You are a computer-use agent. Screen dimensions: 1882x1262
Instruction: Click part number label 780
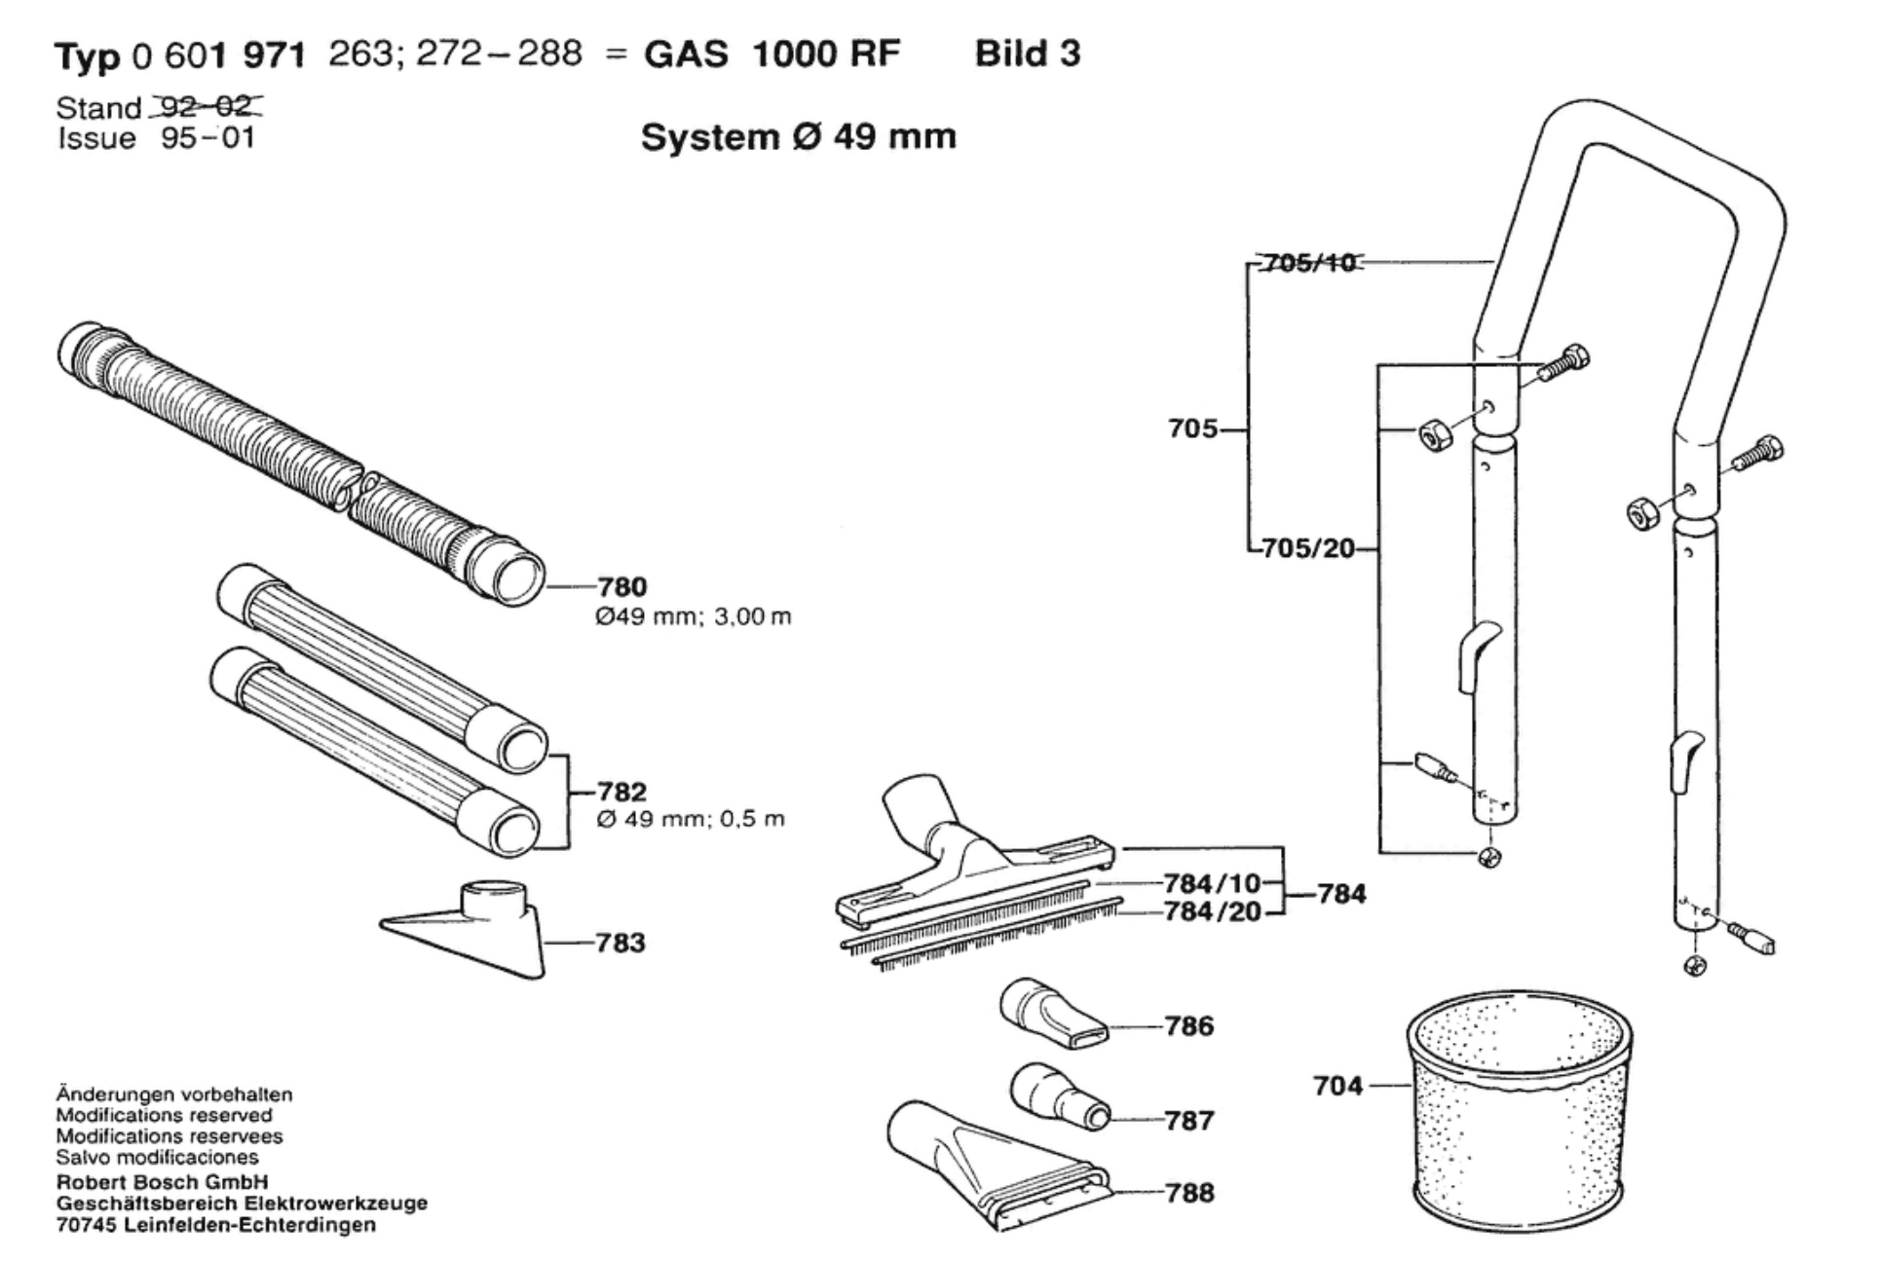tap(621, 587)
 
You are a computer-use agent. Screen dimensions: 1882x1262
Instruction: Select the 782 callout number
tap(621, 792)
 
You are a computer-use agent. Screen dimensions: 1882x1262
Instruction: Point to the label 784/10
tap(1211, 883)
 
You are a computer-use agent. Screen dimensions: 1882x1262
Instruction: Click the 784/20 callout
tap(1212, 911)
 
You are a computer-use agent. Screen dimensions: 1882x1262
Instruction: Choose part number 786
tap(1189, 1025)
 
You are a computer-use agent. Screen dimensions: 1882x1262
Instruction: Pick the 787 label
tap(1189, 1121)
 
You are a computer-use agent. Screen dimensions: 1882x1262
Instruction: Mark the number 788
tap(1189, 1193)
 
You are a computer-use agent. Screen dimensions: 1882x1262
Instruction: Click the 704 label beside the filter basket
tap(1338, 1085)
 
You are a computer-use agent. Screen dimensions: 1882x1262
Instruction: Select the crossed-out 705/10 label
tap(1308, 263)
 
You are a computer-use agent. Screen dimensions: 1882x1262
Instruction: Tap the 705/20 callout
tap(1308, 548)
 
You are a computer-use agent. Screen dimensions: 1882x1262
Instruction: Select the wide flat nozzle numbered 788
tap(998, 1165)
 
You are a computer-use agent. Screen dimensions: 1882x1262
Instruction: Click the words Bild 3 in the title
tap(1028, 54)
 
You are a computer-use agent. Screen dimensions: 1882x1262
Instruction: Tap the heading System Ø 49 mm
tap(799, 136)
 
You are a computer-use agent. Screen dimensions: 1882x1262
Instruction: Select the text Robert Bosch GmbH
tap(162, 1182)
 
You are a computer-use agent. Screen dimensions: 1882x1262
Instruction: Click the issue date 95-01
tap(208, 138)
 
